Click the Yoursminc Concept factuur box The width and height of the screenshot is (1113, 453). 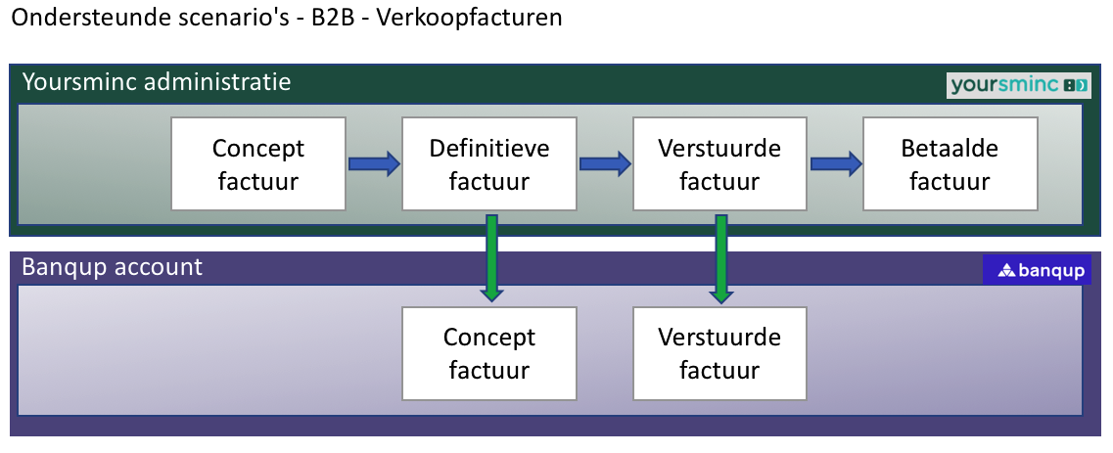[258, 163]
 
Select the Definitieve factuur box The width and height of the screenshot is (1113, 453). [489, 163]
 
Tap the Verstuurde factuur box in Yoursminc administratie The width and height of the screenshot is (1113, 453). [719, 163]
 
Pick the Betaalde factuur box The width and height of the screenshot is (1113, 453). [950, 163]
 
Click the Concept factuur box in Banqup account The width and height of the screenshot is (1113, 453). [489, 353]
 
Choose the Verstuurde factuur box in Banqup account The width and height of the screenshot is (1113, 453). [719, 353]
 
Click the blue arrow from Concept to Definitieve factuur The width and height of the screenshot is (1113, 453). [374, 163]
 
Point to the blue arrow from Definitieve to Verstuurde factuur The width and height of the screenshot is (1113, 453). [604, 163]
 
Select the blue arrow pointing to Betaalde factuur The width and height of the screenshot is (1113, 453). [835, 163]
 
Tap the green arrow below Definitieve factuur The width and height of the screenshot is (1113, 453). [492, 256]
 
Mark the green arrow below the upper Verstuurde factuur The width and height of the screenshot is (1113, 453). [721, 256]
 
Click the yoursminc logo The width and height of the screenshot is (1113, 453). [1018, 85]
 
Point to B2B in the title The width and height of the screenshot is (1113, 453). [330, 19]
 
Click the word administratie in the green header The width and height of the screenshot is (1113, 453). [217, 81]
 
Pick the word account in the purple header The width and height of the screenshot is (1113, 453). [159, 267]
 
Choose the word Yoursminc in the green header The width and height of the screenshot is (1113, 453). [77, 81]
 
